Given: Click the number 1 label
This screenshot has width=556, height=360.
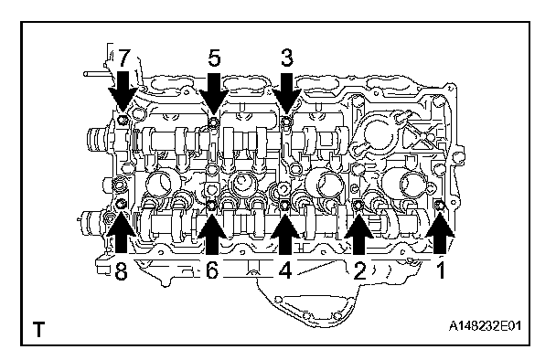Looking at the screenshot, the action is point(441,271).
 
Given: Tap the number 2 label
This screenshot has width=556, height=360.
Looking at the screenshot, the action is point(359,271).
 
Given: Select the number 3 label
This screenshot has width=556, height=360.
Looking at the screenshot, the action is point(286,58).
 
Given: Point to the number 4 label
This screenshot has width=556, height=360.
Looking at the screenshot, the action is point(284,271).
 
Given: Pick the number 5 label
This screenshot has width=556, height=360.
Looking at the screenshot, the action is point(214,58).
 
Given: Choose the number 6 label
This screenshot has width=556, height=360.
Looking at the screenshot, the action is point(211,271).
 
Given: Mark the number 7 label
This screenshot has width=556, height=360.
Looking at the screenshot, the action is point(123,58).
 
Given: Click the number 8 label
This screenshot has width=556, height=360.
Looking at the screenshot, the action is point(121,271).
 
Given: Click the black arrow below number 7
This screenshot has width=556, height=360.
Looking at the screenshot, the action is point(123,91).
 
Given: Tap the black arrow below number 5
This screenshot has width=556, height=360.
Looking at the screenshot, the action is point(213,91).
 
